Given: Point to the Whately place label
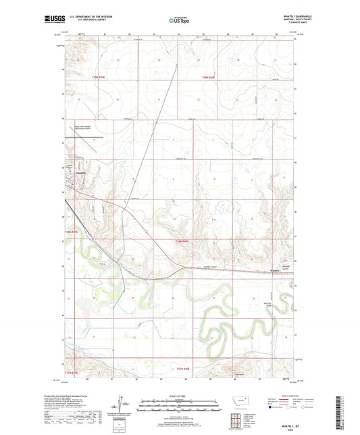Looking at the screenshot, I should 275,271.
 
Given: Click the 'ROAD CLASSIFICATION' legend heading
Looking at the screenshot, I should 286,396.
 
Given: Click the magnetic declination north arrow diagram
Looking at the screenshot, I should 126,408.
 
